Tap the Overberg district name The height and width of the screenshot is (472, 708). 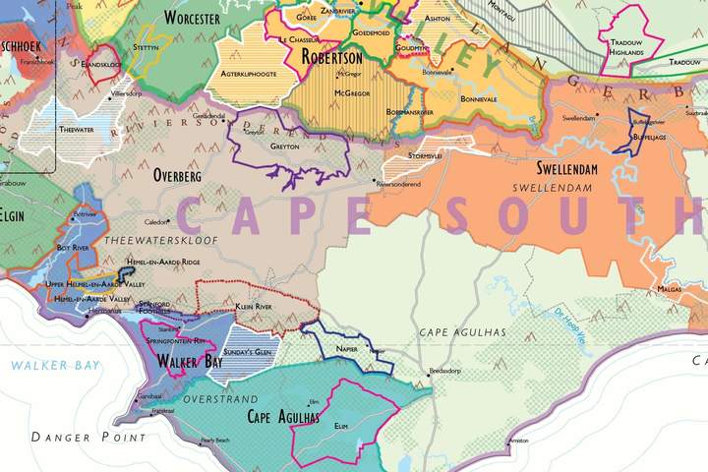click(x=178, y=176)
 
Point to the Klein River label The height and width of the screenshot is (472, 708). click(x=254, y=308)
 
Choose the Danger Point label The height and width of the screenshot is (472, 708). click(x=88, y=437)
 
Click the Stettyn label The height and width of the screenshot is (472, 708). click(x=145, y=46)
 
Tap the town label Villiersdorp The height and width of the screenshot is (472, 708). click(x=128, y=92)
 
